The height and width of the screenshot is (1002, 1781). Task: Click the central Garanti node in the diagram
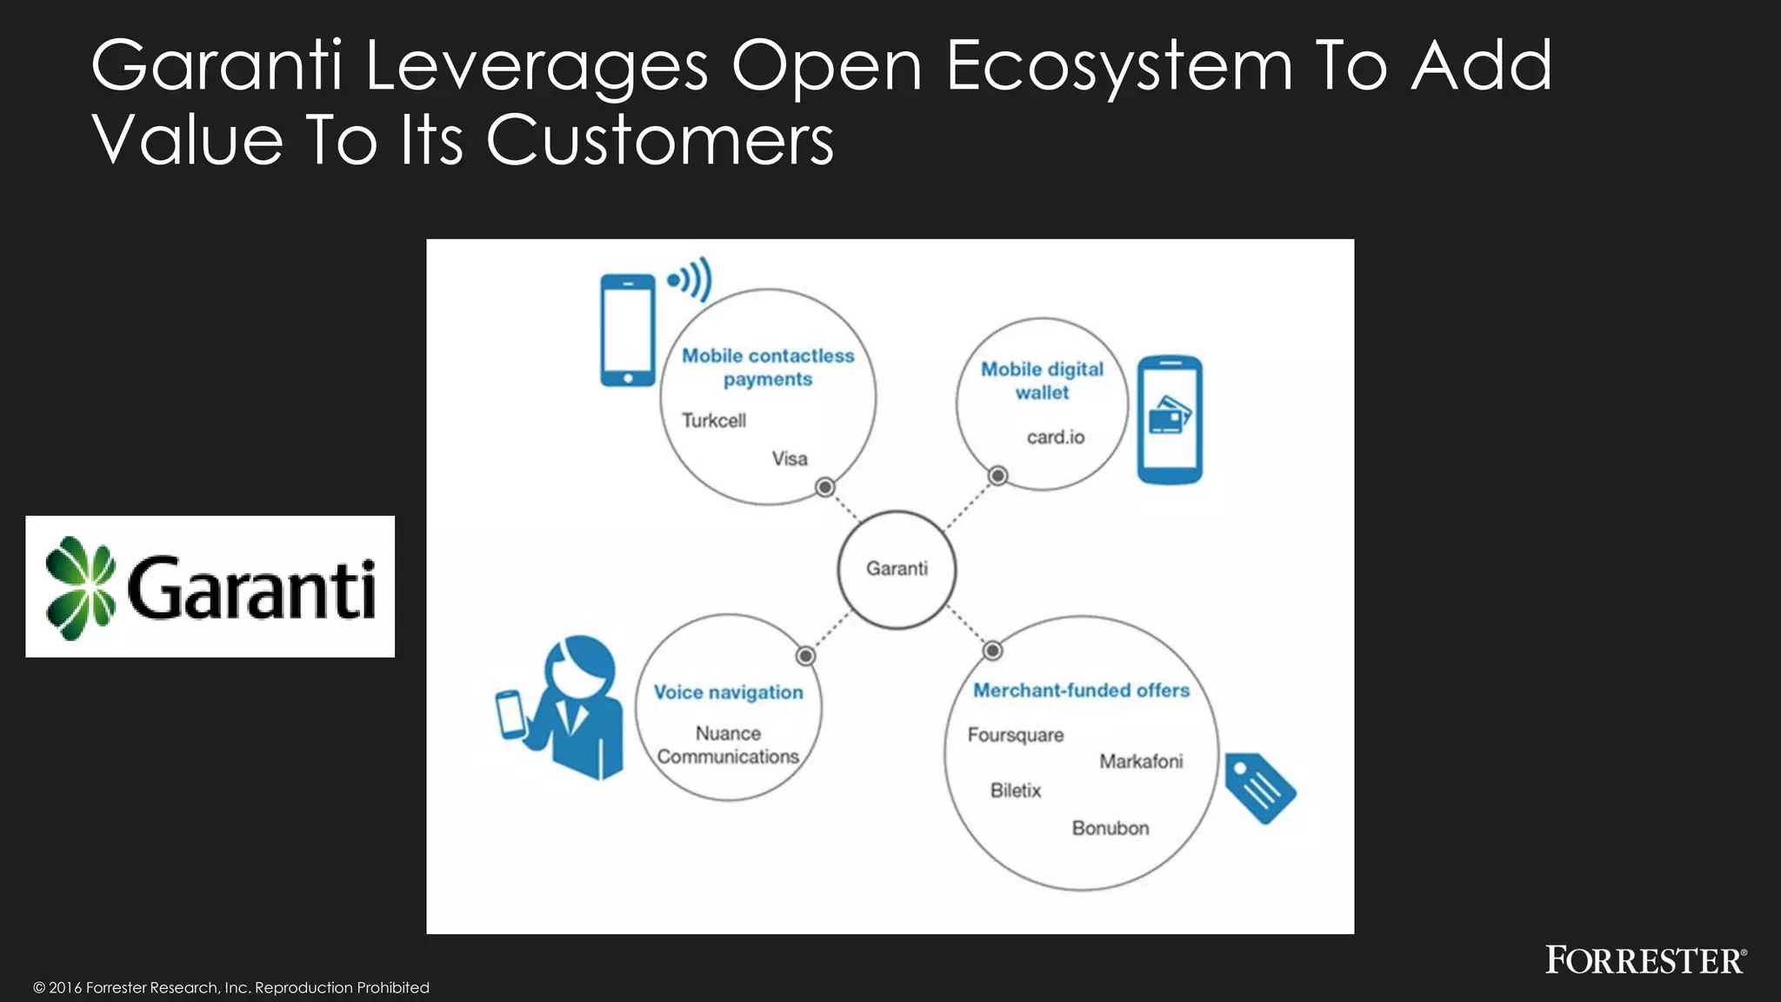pyautogui.click(x=897, y=569)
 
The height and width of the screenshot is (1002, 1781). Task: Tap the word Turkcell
pyautogui.click(x=713, y=421)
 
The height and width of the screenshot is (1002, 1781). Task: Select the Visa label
pyautogui.click(x=790, y=458)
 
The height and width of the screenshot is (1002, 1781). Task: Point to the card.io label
pyautogui.click(x=1055, y=438)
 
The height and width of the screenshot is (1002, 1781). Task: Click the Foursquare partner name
pyautogui.click(x=1015, y=735)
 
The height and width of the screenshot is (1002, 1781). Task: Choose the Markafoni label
pyautogui.click(x=1141, y=762)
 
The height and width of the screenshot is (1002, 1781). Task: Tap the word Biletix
pyautogui.click(x=1015, y=791)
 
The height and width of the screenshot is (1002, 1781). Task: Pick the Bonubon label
pyautogui.click(x=1110, y=828)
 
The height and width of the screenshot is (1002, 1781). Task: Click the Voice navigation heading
pyautogui.click(x=728, y=692)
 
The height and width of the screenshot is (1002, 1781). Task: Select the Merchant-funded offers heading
pyautogui.click(x=1081, y=691)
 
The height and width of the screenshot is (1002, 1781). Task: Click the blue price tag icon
pyautogui.click(x=1259, y=788)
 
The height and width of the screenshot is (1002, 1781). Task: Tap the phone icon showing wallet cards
pyautogui.click(x=1170, y=418)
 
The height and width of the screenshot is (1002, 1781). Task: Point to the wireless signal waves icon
pyautogui.click(x=691, y=279)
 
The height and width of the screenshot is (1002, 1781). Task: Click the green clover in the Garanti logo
pyautogui.click(x=80, y=588)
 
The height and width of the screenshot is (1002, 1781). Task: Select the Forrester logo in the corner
pyautogui.click(x=1644, y=960)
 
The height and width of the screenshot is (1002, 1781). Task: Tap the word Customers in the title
pyautogui.click(x=659, y=140)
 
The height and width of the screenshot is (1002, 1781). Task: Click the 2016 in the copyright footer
pyautogui.click(x=65, y=987)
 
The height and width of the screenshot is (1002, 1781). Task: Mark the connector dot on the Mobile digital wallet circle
pyautogui.click(x=997, y=476)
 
